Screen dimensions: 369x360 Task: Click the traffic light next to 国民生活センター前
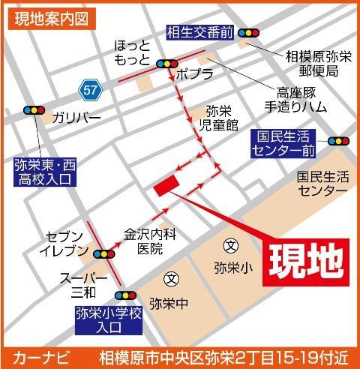pos(339,139)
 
